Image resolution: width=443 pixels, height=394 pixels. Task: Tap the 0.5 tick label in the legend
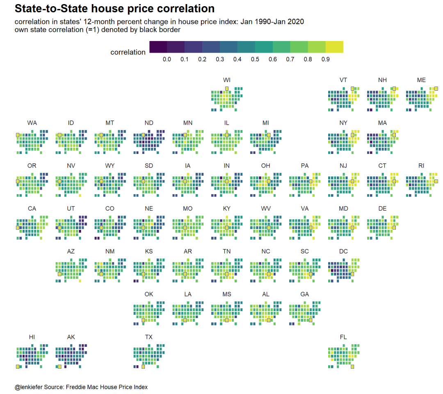tap(255, 60)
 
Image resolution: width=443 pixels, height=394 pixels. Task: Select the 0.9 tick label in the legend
tap(326, 60)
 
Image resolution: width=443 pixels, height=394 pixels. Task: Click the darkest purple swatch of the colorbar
tap(158, 47)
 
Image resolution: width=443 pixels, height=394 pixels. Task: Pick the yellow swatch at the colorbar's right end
tap(334, 47)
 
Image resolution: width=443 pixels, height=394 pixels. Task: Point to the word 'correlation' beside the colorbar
tap(128, 53)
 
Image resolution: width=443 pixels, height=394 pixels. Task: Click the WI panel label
tap(227, 80)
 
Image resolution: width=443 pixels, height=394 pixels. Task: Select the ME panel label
tap(421, 80)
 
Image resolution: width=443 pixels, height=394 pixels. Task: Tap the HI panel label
tap(32, 337)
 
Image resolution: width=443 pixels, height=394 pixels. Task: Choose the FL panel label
tap(343, 337)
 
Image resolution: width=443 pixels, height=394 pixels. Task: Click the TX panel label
tap(149, 337)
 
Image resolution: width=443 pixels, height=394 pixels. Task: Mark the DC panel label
tap(343, 251)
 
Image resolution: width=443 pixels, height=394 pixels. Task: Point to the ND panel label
tap(149, 123)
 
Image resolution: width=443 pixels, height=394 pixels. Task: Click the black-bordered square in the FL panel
tap(352, 367)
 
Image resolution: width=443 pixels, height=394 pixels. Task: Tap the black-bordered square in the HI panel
tap(18, 367)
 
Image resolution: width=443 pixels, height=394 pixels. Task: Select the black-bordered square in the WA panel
tap(18, 135)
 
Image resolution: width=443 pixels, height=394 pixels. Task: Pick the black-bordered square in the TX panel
tap(143, 367)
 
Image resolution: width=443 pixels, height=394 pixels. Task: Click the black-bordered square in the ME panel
tap(436, 88)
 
